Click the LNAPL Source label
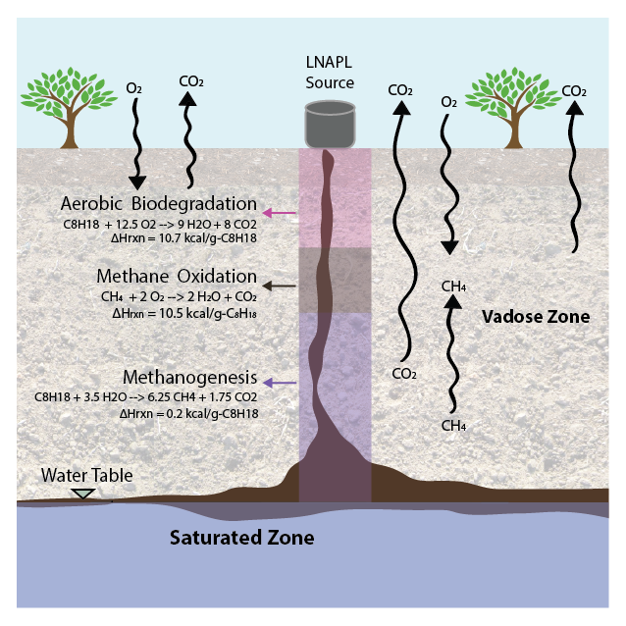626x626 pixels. [x=330, y=73]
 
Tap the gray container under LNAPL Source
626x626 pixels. [x=330, y=124]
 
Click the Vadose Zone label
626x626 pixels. [x=536, y=317]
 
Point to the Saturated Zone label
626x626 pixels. [x=241, y=538]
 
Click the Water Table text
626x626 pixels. [x=86, y=476]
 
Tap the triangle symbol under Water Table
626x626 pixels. [x=84, y=494]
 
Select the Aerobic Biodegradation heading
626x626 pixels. [x=159, y=204]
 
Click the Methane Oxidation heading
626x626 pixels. [x=177, y=277]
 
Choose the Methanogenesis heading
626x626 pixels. [x=190, y=378]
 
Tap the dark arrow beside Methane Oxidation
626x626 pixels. [x=281, y=285]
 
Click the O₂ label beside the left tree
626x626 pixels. [x=134, y=89]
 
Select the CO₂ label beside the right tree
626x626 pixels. [x=573, y=91]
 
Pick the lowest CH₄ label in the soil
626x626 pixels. [x=453, y=426]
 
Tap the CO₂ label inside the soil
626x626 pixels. [x=404, y=374]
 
